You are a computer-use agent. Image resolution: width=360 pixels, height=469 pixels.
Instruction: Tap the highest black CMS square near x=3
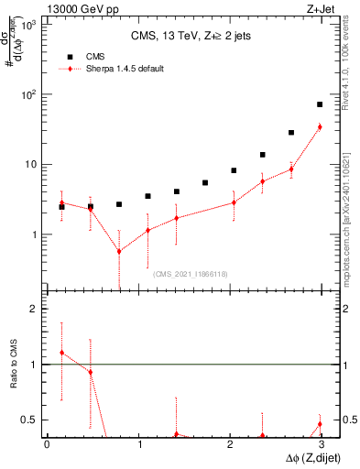[320, 104]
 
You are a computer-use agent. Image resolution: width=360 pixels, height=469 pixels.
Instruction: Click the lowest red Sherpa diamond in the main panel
[119, 251]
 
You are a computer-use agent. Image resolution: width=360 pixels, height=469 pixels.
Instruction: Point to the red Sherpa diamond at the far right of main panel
[320, 127]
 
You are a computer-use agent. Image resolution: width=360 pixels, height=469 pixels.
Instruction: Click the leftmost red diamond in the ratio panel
[61, 353]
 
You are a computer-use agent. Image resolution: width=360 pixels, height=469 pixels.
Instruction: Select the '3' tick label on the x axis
[322, 444]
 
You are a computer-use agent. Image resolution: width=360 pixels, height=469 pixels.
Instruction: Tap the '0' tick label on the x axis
[47, 444]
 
